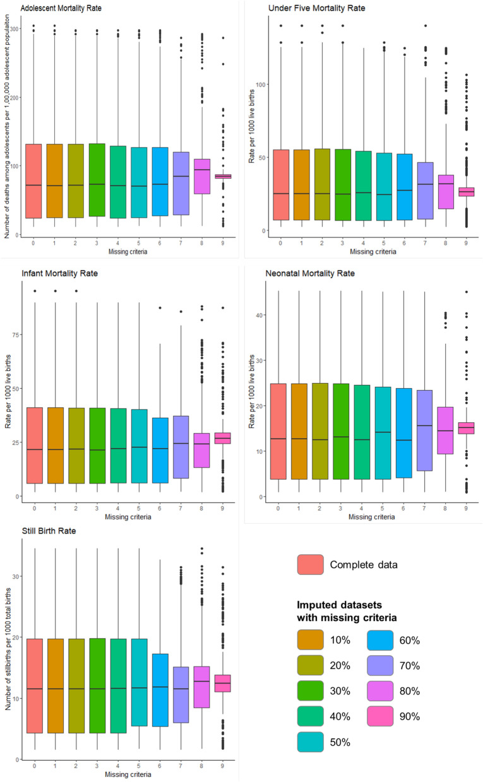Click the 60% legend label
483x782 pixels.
point(409,640)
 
